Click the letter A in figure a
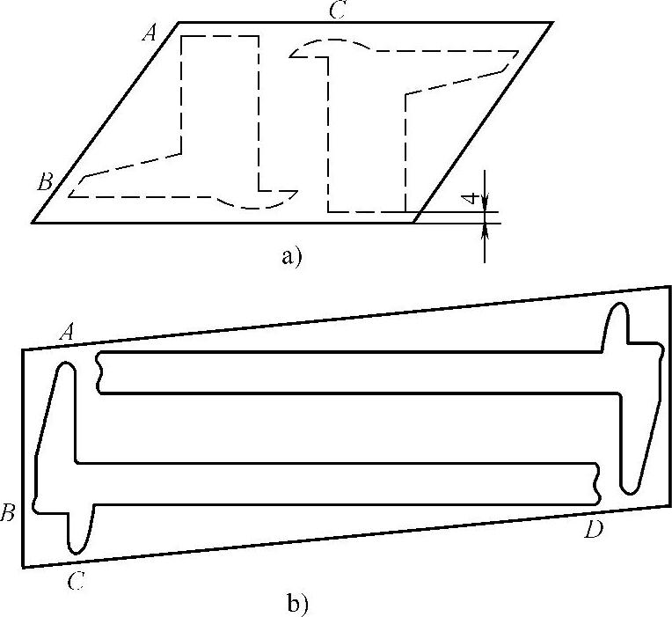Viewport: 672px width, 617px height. click(x=150, y=33)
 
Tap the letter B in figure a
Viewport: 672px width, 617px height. click(x=45, y=182)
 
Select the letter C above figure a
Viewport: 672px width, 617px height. click(x=336, y=11)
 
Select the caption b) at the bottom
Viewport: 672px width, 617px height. click(x=297, y=604)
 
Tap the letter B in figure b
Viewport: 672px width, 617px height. click(x=8, y=514)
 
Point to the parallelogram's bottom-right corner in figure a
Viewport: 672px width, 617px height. click(x=413, y=223)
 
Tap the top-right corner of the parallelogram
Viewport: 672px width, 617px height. click(x=552, y=22)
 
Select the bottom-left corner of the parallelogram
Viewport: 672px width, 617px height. click(x=33, y=223)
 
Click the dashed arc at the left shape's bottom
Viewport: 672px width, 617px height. click(x=255, y=205)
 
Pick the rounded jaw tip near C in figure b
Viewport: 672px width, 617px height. click(x=77, y=546)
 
